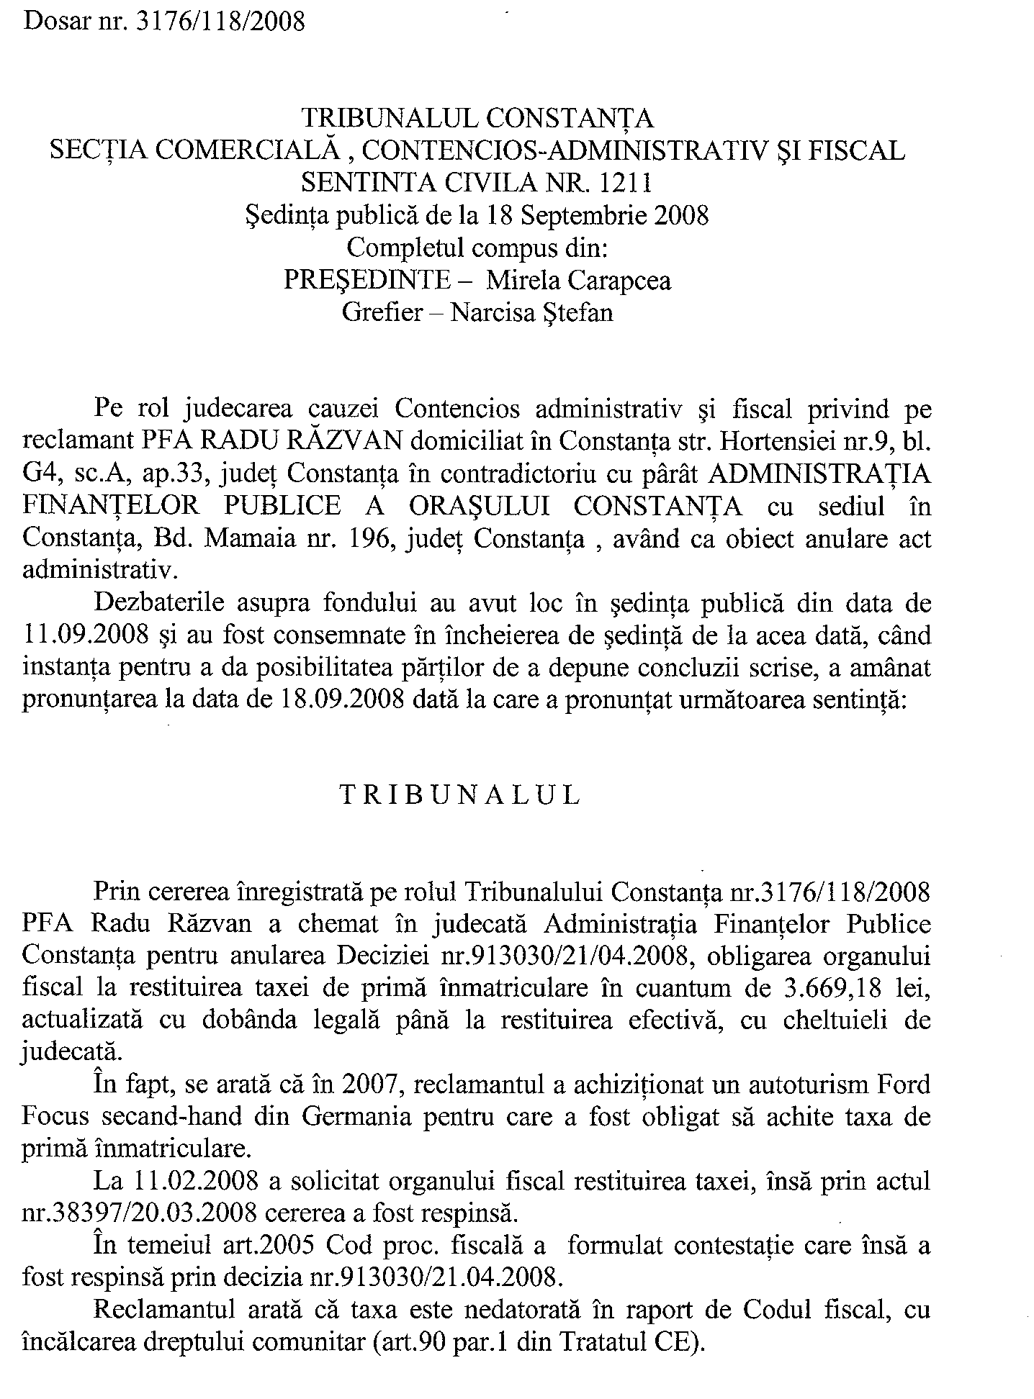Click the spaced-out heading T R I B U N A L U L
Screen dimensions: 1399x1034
pyautogui.click(x=459, y=796)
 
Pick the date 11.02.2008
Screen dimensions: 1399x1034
pyautogui.click(x=197, y=1182)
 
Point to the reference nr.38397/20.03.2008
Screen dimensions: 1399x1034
pyautogui.click(x=140, y=1213)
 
